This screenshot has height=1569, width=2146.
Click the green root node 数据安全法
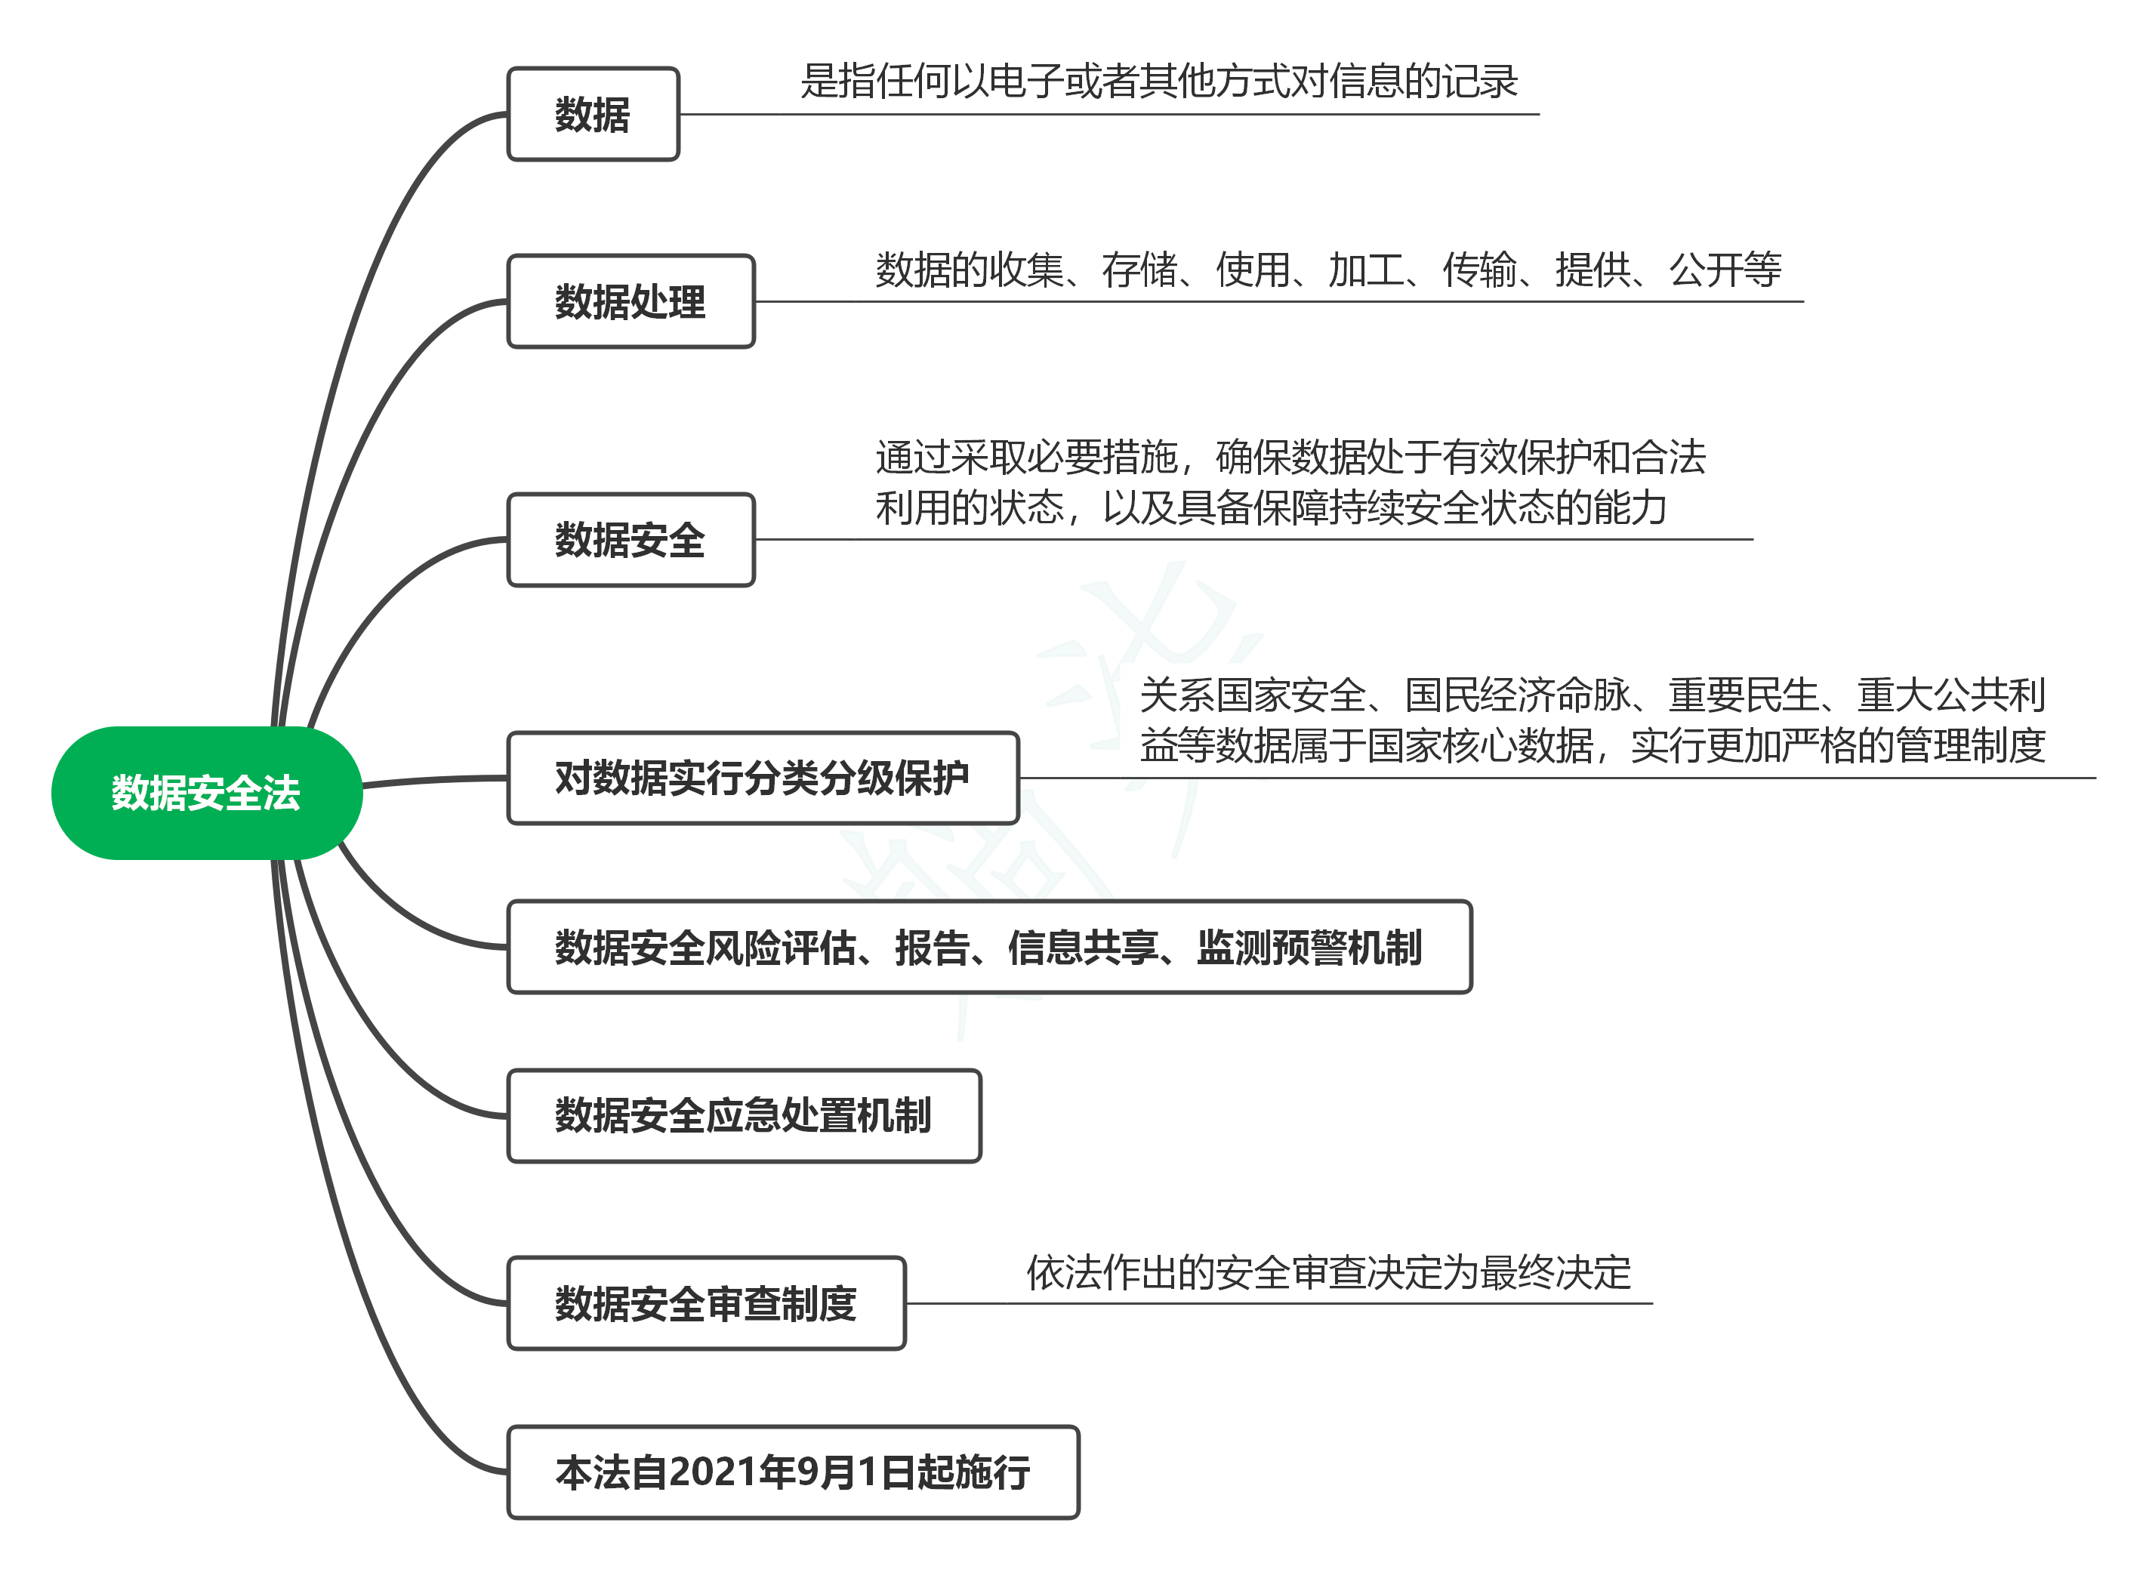click(x=207, y=793)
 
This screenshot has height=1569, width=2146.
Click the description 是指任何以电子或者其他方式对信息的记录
click(x=1159, y=82)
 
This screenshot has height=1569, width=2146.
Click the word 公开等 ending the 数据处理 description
click(x=1725, y=270)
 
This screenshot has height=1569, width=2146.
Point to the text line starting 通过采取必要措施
click(x=1290, y=457)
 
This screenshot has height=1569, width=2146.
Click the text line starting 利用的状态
click(x=1272, y=507)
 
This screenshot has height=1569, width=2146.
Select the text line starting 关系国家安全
click(x=1593, y=695)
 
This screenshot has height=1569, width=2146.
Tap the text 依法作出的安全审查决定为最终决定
click(x=1328, y=1273)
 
